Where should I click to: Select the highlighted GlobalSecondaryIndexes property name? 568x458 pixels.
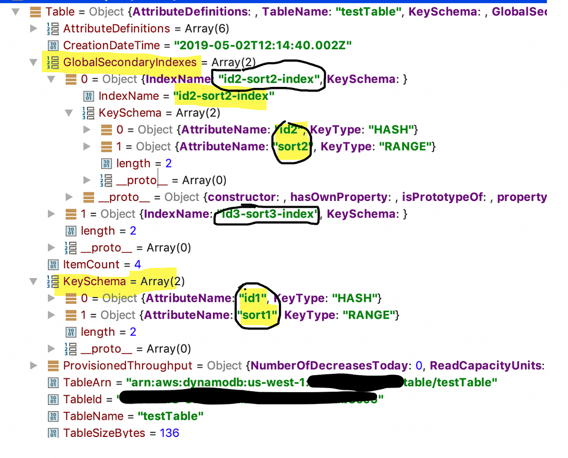point(130,62)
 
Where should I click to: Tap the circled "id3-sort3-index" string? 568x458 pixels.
point(267,214)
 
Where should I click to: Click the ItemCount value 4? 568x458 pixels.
point(137,264)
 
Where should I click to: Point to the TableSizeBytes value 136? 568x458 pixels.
point(169,433)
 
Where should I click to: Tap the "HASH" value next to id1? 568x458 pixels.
point(356,298)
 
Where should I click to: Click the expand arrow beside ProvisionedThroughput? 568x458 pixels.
point(34,365)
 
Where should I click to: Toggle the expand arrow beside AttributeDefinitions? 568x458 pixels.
point(34,29)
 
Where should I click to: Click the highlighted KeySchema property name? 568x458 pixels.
point(94,281)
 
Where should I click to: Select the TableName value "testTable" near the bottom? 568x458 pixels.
point(171,416)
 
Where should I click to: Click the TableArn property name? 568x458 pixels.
point(86,382)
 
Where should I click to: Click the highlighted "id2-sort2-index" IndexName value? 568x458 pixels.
point(221,96)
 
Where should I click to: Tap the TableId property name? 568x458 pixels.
point(83,399)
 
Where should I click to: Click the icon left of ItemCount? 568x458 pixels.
point(52,264)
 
